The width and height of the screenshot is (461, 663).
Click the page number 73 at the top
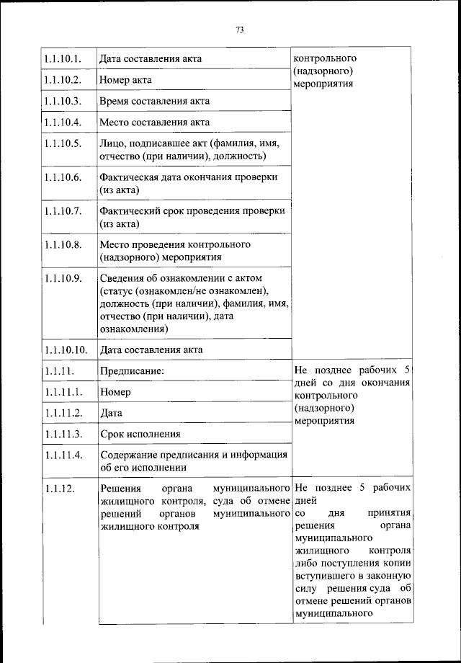point(240,30)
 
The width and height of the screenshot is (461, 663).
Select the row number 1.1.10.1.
point(62,58)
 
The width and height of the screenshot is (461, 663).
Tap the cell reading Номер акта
point(125,79)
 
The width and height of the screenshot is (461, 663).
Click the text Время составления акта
point(155,101)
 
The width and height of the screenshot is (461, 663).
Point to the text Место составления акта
point(154,123)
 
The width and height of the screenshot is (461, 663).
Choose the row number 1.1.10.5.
point(62,144)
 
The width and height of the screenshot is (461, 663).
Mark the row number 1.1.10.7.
point(62,211)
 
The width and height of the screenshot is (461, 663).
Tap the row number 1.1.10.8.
point(62,245)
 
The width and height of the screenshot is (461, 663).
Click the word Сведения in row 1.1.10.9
point(120,278)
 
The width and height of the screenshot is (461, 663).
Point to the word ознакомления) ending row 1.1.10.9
point(135,329)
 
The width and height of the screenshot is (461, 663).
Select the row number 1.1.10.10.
point(65,350)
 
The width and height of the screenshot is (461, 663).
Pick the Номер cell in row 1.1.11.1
point(115,393)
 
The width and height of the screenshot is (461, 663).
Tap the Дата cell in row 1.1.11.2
point(111,414)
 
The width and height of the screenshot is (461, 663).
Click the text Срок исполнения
point(140,435)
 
